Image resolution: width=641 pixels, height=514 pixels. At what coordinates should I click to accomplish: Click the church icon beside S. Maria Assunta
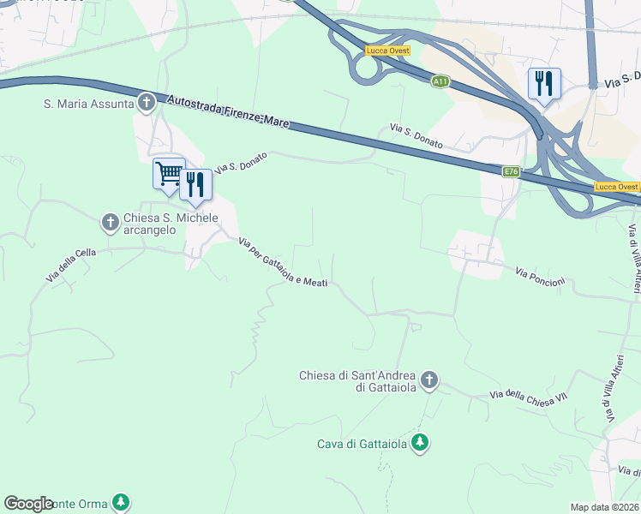coord(147,104)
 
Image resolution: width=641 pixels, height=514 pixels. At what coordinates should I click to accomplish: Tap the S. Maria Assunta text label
coord(89,105)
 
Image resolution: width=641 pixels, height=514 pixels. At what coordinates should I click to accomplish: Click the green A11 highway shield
coord(440,81)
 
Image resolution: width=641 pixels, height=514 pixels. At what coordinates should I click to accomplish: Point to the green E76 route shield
coord(511,172)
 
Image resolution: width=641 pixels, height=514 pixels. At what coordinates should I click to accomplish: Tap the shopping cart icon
coord(169,173)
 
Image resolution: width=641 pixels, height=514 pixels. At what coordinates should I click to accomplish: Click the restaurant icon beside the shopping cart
coord(195,184)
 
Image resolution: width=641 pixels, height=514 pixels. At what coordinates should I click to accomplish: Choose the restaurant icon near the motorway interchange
coord(544,83)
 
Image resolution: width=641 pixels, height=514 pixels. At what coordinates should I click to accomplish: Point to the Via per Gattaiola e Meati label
coord(283,263)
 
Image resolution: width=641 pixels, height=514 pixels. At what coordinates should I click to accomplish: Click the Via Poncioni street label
coord(540,277)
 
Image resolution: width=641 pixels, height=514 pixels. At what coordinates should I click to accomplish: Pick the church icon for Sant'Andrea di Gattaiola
coord(429,379)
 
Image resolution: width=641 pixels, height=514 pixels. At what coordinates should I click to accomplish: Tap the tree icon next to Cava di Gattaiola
coord(420,443)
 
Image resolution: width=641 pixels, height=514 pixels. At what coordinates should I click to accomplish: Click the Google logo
coord(28,504)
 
